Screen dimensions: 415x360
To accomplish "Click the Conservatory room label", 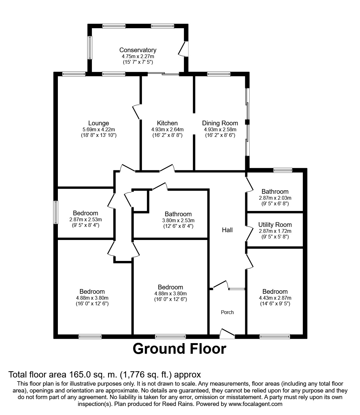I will coord(138,50).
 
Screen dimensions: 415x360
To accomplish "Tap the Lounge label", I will coord(99,123).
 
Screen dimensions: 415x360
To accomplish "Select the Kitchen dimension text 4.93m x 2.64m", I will coord(167,129).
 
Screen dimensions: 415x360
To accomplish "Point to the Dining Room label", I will coord(220,123).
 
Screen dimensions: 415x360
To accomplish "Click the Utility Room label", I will coord(275,225).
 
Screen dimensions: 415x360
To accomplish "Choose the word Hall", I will coord(227,230).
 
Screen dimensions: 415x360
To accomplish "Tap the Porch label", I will coord(227,312).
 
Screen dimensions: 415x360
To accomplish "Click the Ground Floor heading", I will coord(179,349).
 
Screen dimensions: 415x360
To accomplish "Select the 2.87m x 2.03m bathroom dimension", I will coord(275,198).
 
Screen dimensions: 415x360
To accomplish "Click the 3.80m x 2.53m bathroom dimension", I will coord(178,220).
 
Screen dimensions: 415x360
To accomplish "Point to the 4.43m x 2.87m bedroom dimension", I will coord(275,298).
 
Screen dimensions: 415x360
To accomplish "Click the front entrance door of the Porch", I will coord(227,334).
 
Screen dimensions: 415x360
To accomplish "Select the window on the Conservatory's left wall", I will coord(90,47).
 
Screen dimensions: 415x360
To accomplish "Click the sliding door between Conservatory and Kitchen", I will coord(163,74).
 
